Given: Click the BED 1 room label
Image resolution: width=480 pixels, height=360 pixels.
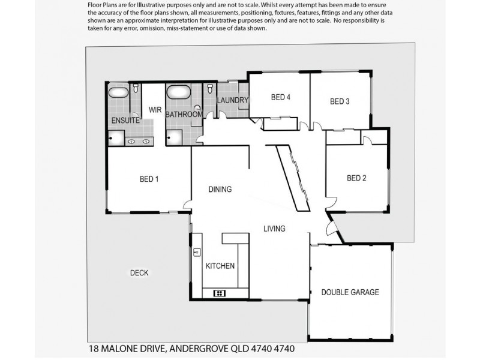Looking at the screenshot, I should [149, 178].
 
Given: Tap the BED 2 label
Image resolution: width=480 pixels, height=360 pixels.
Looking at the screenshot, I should [356, 178].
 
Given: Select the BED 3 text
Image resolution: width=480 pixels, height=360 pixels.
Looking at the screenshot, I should [340, 101].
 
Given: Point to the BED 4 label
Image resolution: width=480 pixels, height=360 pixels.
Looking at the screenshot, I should [281, 97].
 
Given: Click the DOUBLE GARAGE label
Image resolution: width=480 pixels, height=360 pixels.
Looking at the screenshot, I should [350, 292].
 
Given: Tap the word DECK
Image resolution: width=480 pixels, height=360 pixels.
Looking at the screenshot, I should [139, 273].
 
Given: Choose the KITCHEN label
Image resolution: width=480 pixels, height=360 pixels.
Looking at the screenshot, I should [220, 266].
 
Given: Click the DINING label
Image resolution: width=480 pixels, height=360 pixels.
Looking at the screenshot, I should [220, 190].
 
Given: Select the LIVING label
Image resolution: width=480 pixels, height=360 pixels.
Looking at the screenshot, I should [274, 229].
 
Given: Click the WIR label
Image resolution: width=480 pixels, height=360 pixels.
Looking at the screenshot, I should [155, 109].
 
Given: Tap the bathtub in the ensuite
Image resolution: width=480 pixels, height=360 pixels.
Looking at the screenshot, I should [118, 92].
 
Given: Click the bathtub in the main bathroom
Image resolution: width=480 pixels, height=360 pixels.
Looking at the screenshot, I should [178, 93].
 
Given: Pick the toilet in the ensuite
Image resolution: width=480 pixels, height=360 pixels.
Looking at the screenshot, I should [136, 89].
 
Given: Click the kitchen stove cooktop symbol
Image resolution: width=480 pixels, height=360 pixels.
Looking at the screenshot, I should [219, 293].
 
